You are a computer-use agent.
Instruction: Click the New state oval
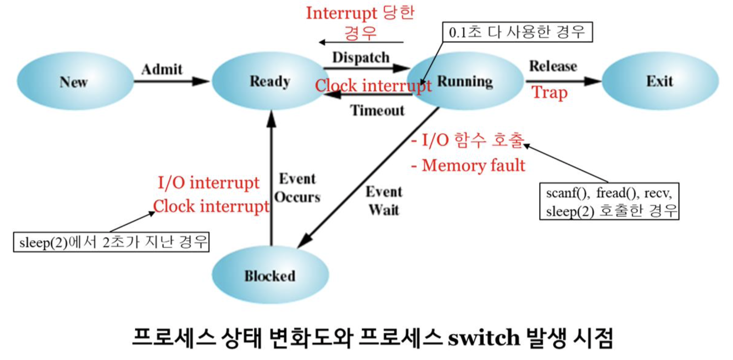[x=75, y=81]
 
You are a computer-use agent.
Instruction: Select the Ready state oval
[x=270, y=81]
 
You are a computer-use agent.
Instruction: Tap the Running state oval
[x=465, y=81]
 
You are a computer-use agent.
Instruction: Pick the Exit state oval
[x=660, y=81]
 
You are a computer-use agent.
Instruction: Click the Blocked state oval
[x=270, y=276]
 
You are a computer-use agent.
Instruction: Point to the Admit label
[x=162, y=69]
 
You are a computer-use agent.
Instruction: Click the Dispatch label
[x=361, y=57]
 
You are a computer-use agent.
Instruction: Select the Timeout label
[x=377, y=110]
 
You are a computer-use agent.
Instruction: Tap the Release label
[x=553, y=66]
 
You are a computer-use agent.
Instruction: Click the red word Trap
[x=549, y=92]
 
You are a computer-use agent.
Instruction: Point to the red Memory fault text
[x=473, y=165]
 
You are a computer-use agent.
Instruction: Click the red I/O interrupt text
[x=208, y=183]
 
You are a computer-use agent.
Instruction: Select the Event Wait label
[x=384, y=201]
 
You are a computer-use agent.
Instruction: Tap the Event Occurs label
[x=297, y=188]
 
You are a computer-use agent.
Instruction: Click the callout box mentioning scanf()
[x=609, y=201]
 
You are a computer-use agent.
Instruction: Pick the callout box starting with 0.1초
[x=517, y=32]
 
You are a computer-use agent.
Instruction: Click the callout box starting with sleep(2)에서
[x=111, y=242]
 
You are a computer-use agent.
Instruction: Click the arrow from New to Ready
[x=172, y=81]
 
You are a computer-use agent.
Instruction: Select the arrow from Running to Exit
[x=563, y=81]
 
